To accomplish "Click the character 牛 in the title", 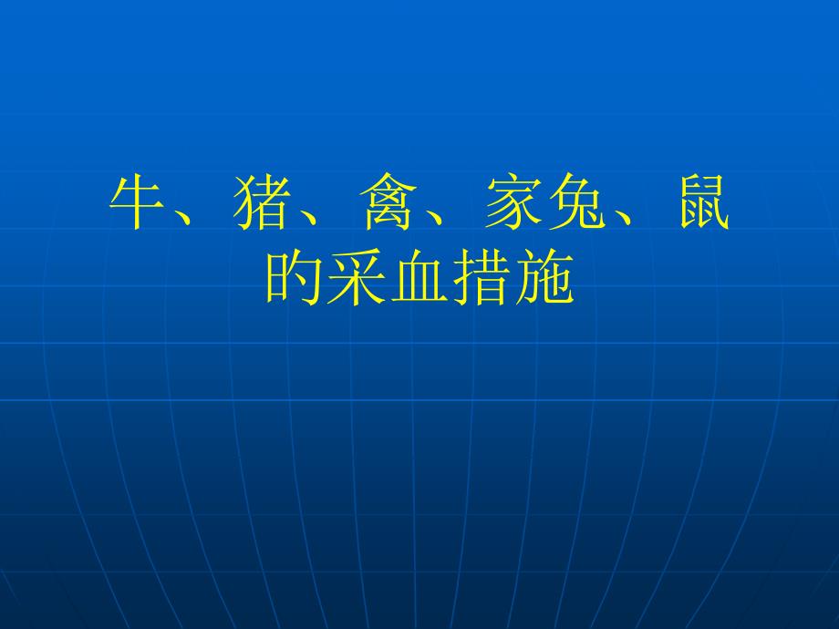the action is click(x=138, y=202).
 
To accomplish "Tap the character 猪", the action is click(x=263, y=202).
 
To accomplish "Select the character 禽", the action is click(x=388, y=202).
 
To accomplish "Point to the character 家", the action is click(x=514, y=202).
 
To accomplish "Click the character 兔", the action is click(x=576, y=202).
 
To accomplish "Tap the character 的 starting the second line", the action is click(x=294, y=277).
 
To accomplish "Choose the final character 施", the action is click(x=545, y=277).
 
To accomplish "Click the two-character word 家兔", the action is click(x=545, y=202).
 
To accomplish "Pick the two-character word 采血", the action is click(x=388, y=277).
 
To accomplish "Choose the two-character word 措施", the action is click(x=513, y=277).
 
